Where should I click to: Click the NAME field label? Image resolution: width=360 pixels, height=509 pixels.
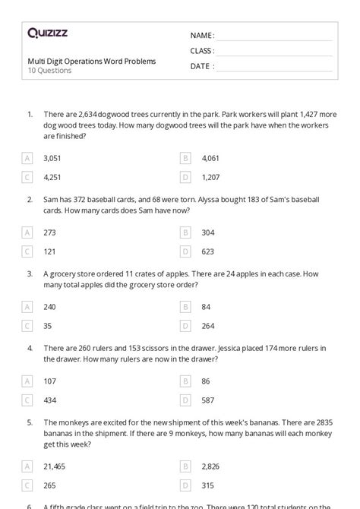[202, 36]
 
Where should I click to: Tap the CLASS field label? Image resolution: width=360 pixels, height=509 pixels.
[202, 51]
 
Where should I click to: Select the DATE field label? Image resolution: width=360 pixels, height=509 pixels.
[201, 66]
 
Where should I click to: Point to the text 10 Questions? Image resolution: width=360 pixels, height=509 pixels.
[49, 71]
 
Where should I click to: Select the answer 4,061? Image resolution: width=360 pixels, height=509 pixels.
[210, 158]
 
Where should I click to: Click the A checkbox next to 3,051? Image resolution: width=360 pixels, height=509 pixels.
[28, 158]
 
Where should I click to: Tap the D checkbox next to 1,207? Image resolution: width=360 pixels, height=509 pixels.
[185, 177]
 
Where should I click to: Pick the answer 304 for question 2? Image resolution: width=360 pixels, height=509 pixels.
[208, 232]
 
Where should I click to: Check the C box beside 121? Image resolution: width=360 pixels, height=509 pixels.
[28, 251]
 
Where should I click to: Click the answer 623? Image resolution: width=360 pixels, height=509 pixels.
[208, 251]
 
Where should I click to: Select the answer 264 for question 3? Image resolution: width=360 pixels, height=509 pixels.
[208, 326]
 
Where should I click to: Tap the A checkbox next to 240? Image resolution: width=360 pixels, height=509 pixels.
[28, 307]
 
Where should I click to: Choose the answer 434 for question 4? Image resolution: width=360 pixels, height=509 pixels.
[51, 400]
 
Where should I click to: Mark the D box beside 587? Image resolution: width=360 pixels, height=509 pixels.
[185, 400]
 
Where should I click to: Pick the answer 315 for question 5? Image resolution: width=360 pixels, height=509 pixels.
[208, 474]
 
